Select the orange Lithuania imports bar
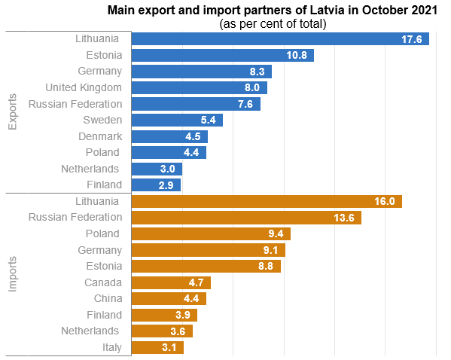tap(267, 201)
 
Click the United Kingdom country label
tap(83, 87)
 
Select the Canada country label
tap(102, 282)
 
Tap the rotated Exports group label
tap(13, 111)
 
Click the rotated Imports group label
tap(13, 273)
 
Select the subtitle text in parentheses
tap(273, 24)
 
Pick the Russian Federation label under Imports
tap(75, 218)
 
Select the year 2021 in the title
tap(421, 11)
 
